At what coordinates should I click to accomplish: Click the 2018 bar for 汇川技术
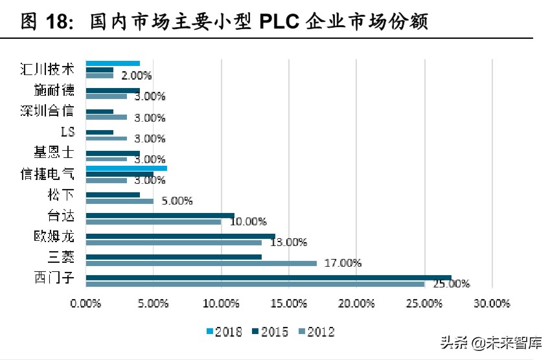(x=113, y=63)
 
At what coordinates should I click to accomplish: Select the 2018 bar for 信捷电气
(x=126, y=168)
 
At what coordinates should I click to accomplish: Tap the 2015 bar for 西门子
(x=268, y=278)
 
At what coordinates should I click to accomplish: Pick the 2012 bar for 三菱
(x=201, y=263)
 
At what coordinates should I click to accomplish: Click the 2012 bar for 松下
(x=119, y=201)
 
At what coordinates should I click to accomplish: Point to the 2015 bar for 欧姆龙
(x=180, y=236)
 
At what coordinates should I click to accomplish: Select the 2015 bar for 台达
(x=160, y=215)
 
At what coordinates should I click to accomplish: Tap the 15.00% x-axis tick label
(x=288, y=303)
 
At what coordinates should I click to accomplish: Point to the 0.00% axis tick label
(x=86, y=303)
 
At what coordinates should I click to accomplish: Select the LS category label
(x=67, y=132)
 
